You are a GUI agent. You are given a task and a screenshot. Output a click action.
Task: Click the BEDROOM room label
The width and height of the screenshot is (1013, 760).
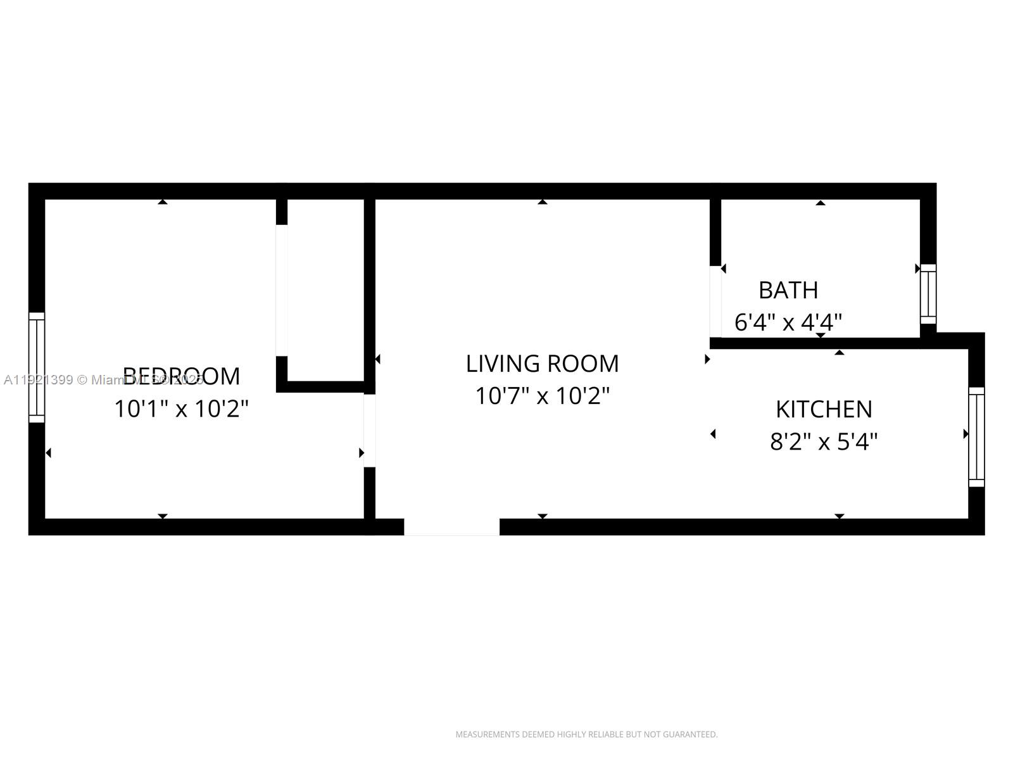click(182, 376)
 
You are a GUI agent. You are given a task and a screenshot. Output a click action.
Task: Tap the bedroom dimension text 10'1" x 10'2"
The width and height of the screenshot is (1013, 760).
click(182, 409)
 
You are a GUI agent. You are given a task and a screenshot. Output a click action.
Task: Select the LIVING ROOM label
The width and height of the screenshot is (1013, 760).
click(542, 364)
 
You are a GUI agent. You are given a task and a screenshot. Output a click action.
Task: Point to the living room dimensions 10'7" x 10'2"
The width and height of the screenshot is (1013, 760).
click(542, 396)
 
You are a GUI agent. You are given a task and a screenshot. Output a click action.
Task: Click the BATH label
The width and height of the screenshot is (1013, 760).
click(788, 290)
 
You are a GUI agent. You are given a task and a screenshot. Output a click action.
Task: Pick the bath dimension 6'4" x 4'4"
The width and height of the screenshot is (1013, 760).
click(788, 323)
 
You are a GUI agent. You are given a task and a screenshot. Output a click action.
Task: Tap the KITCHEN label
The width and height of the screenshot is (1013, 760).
click(824, 409)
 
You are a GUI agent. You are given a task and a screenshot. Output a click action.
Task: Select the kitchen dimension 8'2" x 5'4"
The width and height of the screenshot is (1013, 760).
click(824, 441)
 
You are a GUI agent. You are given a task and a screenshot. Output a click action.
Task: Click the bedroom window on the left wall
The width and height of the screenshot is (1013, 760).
click(37, 367)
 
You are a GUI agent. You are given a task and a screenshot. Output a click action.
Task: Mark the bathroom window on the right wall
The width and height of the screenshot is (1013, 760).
click(928, 294)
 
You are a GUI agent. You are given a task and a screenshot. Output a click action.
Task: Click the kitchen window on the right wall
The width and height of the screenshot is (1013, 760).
click(976, 437)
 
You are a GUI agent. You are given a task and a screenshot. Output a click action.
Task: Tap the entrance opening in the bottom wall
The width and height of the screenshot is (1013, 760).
click(451, 526)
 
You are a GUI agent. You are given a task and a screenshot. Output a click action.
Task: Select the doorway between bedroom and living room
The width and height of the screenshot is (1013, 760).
click(370, 431)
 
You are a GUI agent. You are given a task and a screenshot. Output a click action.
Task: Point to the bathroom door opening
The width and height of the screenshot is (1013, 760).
click(715, 301)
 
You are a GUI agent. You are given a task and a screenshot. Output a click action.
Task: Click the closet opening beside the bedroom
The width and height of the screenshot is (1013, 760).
click(282, 290)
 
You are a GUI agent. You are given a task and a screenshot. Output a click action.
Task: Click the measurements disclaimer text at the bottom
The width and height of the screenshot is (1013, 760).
click(586, 734)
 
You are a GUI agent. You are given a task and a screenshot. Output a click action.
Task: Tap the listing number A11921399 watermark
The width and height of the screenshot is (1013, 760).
click(38, 380)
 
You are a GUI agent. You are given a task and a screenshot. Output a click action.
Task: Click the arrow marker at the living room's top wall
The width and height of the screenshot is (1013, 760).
click(542, 202)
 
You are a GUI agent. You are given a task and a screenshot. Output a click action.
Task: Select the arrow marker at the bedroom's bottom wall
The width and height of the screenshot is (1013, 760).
click(163, 516)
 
